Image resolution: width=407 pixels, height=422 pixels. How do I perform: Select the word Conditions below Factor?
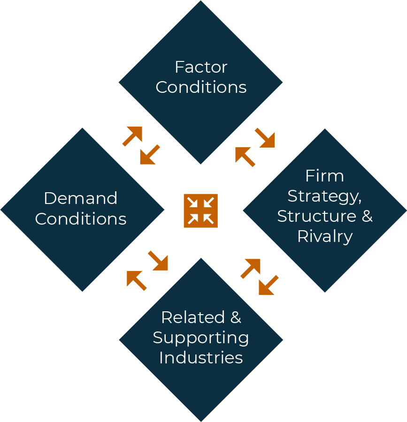tap(201, 87)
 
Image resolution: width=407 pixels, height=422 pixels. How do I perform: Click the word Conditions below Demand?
tap(81, 219)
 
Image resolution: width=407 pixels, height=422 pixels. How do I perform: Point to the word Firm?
tap(324, 176)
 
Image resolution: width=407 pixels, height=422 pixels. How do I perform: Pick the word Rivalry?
tap(324, 236)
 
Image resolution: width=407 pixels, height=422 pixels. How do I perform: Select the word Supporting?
tap(201, 338)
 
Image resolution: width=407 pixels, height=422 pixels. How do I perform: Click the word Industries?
tap(201, 358)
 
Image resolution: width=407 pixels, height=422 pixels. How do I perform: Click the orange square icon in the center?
tap(200, 211)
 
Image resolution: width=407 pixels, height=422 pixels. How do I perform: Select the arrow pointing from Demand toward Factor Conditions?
tap(133, 136)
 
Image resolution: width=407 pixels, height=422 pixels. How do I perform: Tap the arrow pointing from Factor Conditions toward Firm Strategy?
tap(265, 138)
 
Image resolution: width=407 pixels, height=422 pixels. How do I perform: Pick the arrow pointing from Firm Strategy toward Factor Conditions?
tap(245, 157)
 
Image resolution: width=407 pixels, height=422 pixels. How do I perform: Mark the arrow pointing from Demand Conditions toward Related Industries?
tap(158, 261)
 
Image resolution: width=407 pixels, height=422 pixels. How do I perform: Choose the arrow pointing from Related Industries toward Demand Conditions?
tap(136, 280)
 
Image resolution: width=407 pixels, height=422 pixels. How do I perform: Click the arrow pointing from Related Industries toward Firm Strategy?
tap(251, 268)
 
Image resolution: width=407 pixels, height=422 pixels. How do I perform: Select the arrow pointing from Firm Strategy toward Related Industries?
tap(269, 286)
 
